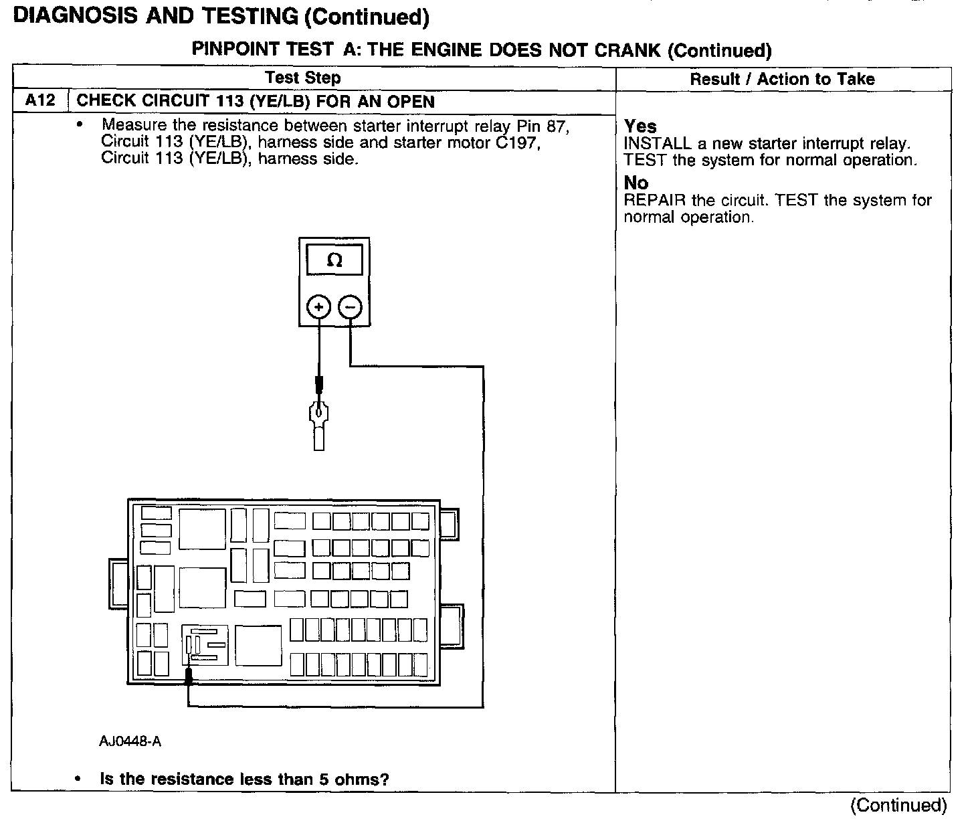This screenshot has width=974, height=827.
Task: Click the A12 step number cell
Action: point(39,102)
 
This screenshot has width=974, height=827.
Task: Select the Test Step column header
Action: point(303,78)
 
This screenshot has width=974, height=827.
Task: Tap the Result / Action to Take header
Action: point(782,79)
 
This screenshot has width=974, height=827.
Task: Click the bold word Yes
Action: point(640,126)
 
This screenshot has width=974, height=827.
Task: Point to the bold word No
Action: point(636,183)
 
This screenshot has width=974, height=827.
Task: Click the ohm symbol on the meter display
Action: point(334,260)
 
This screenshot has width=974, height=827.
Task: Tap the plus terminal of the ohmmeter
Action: point(319,307)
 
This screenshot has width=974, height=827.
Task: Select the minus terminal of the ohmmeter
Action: point(351,307)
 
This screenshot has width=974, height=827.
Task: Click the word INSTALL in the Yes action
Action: point(656,144)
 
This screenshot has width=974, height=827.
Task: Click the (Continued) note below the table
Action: point(898,806)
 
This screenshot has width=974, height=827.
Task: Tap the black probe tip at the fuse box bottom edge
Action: point(189,676)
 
